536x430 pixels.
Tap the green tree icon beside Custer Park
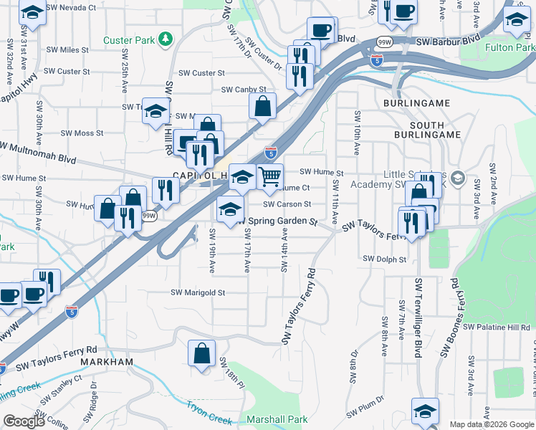click(x=166, y=37)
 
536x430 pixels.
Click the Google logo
click(x=24, y=421)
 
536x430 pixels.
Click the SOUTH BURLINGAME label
click(x=427, y=129)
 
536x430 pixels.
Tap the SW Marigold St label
click(x=198, y=292)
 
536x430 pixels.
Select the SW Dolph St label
click(x=384, y=259)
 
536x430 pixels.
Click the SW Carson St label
click(x=287, y=204)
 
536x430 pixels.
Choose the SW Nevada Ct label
click(x=70, y=8)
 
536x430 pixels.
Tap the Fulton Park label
click(x=509, y=47)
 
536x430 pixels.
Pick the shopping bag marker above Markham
click(x=201, y=353)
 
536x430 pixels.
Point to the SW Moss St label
click(x=82, y=133)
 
